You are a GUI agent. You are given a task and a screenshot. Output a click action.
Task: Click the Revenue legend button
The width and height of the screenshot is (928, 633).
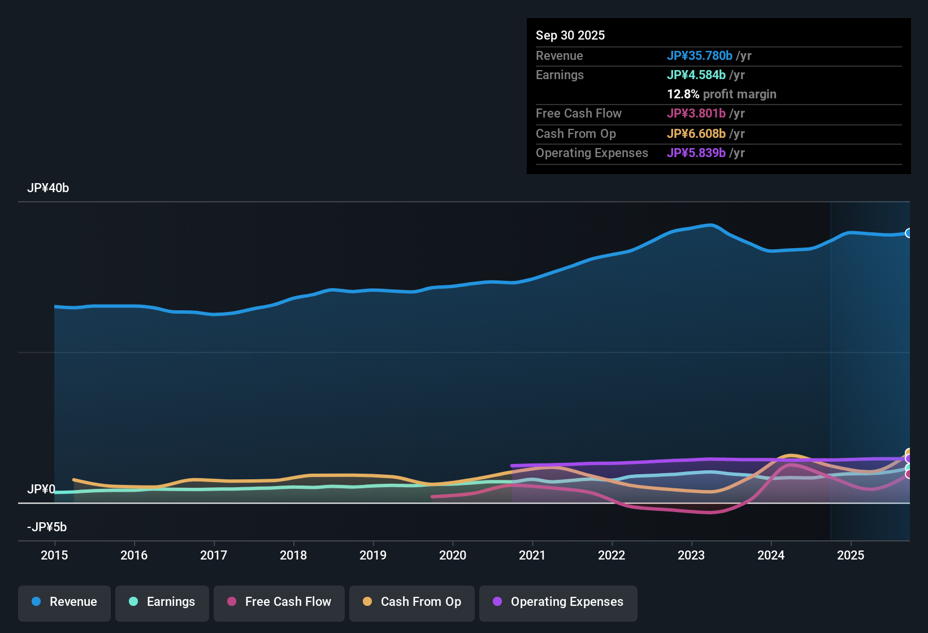pos(64,602)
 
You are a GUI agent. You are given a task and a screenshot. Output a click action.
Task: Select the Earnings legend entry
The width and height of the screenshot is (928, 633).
pos(162,602)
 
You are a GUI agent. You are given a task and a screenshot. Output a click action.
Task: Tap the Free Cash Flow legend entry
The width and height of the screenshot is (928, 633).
pos(279,602)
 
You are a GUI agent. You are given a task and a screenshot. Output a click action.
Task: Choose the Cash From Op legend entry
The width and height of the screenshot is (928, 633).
pos(412,602)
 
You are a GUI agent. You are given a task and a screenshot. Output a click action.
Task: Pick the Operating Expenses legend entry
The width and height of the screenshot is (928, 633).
pos(558,602)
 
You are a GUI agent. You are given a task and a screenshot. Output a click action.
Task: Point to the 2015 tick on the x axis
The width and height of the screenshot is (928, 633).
pos(54,556)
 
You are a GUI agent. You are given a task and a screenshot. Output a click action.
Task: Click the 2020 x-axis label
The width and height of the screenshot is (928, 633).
pos(453,556)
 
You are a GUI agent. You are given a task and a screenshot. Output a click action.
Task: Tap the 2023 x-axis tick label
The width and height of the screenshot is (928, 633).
pos(691,556)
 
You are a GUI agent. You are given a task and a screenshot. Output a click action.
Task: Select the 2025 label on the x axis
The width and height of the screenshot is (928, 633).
pos(851,556)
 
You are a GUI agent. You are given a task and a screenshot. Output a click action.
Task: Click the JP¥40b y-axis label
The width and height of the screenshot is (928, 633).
pos(48,188)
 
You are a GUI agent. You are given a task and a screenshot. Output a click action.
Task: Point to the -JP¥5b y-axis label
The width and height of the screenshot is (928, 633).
pos(47,527)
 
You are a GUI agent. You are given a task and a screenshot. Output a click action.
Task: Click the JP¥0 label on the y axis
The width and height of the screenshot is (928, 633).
pos(41,489)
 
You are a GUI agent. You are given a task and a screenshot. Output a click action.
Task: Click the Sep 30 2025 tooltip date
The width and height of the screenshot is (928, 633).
pos(570,36)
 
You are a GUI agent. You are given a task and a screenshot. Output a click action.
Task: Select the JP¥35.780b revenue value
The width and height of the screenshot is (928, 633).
pos(700,56)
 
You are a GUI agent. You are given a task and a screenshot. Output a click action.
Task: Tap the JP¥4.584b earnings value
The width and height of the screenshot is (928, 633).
pos(696,75)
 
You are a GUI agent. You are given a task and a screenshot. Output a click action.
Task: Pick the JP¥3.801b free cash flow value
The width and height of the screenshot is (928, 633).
pos(696,114)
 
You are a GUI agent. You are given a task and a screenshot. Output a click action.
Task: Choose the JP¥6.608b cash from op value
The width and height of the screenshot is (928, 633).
pos(696,134)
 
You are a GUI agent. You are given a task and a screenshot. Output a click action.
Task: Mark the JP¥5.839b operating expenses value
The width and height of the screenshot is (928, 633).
pos(696,153)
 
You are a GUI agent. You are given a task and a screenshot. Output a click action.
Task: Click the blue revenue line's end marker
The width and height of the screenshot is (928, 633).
pos(909,233)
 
